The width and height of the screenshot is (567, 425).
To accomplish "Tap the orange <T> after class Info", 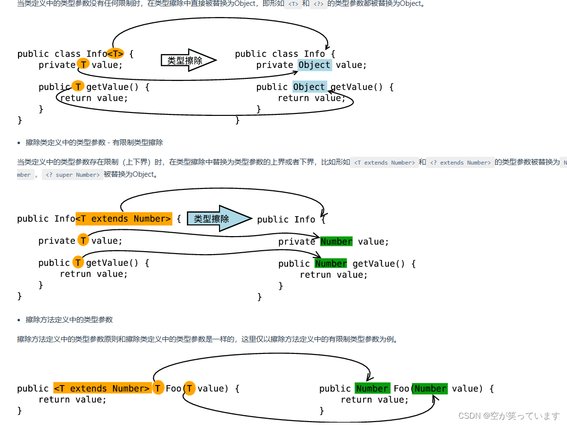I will click(115, 54).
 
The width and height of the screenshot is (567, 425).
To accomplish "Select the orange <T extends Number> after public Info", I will click(124, 219).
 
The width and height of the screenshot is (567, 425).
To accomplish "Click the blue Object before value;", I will click(314, 65).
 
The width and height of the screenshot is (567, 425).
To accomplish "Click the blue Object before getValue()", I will click(309, 87).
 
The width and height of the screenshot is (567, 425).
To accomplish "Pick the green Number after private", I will click(336, 241).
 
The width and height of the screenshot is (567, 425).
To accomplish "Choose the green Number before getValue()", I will click(331, 263).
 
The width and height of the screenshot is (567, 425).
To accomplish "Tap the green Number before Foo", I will click(372, 388).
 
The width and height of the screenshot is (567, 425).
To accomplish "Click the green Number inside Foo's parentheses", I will click(430, 388).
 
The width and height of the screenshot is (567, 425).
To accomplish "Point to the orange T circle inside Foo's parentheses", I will click(190, 388).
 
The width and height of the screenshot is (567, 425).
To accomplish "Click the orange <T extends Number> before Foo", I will click(102, 388).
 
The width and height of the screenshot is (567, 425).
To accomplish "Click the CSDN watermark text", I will click(509, 416).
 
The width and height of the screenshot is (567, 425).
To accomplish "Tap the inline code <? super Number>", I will click(73, 175).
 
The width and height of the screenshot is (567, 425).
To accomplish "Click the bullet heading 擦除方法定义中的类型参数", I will click(69, 320).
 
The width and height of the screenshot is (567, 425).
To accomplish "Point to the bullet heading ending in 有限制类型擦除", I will click(94, 143).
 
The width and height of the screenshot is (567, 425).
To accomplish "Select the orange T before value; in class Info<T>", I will click(83, 65).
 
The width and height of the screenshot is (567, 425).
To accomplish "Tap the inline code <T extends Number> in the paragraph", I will click(384, 163).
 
